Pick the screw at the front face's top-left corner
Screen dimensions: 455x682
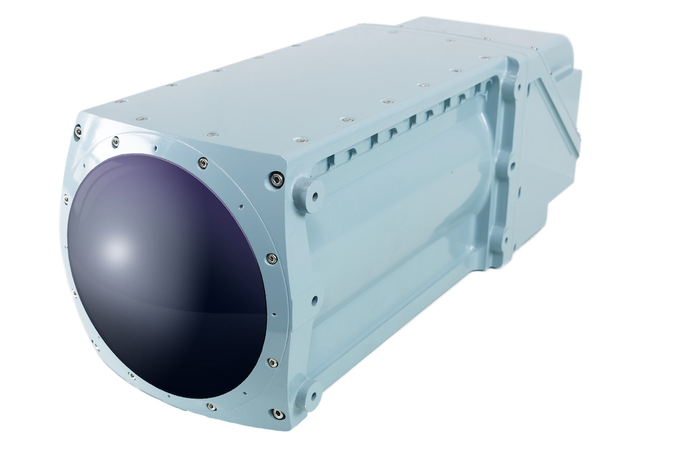79,131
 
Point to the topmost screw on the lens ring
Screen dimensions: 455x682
202,162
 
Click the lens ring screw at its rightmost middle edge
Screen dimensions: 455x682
272,258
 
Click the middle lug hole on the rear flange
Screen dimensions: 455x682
513,163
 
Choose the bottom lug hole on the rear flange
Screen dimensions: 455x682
504,238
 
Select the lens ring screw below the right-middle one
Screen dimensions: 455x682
272,362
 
